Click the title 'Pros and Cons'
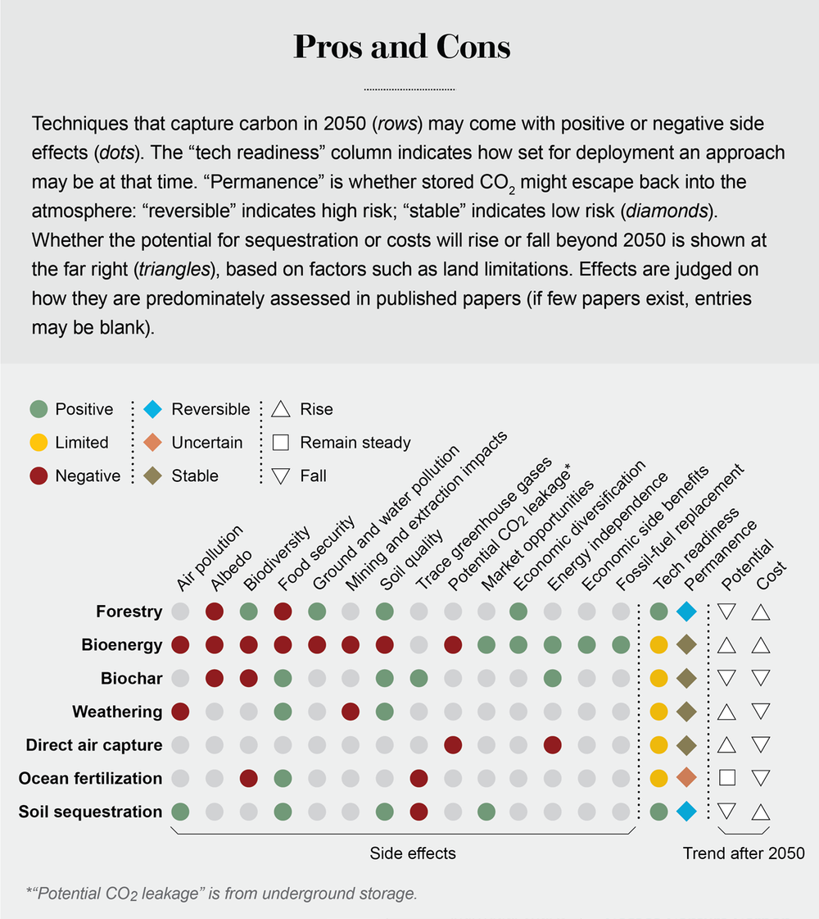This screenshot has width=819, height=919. click(x=401, y=48)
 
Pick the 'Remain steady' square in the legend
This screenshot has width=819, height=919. click(x=281, y=443)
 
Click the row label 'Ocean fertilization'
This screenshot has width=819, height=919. click(x=90, y=778)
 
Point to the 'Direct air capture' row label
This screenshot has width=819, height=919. click(x=93, y=745)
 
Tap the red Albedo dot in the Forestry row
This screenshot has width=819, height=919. click(x=215, y=612)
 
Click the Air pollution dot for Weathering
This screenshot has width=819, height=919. click(x=180, y=712)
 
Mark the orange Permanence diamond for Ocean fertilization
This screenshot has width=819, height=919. click(x=687, y=778)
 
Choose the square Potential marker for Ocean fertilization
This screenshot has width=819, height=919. click(x=726, y=778)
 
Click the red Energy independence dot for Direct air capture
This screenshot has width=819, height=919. click(x=553, y=745)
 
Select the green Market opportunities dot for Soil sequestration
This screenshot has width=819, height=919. click(x=486, y=812)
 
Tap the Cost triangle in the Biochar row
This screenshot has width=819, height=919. click(x=761, y=678)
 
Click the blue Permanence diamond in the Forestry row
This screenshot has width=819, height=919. click(x=687, y=612)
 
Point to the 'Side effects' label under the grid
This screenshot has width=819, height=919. click(x=412, y=853)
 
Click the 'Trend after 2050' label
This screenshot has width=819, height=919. click(x=744, y=853)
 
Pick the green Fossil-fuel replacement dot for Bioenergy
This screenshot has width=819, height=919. click(x=621, y=645)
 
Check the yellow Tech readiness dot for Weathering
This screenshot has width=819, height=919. click(x=657, y=712)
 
